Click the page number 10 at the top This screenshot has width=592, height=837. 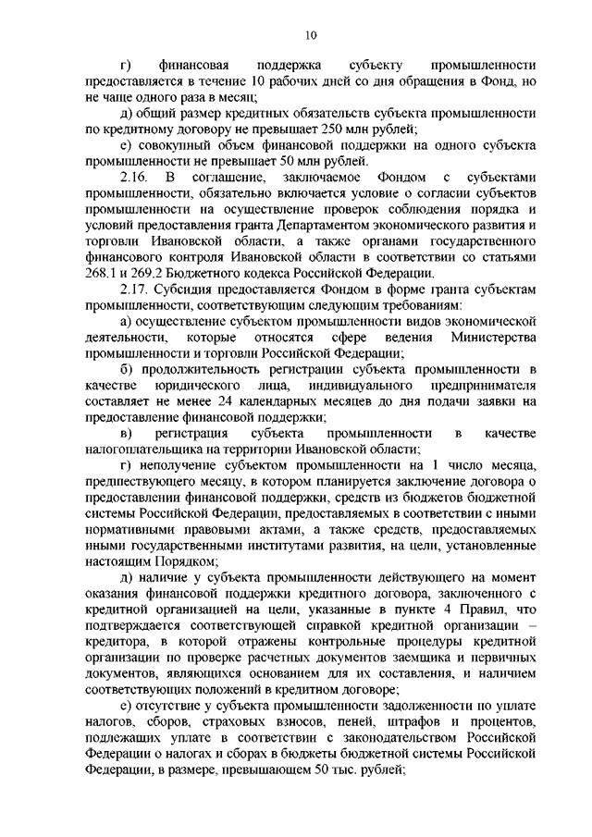point(309,35)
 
